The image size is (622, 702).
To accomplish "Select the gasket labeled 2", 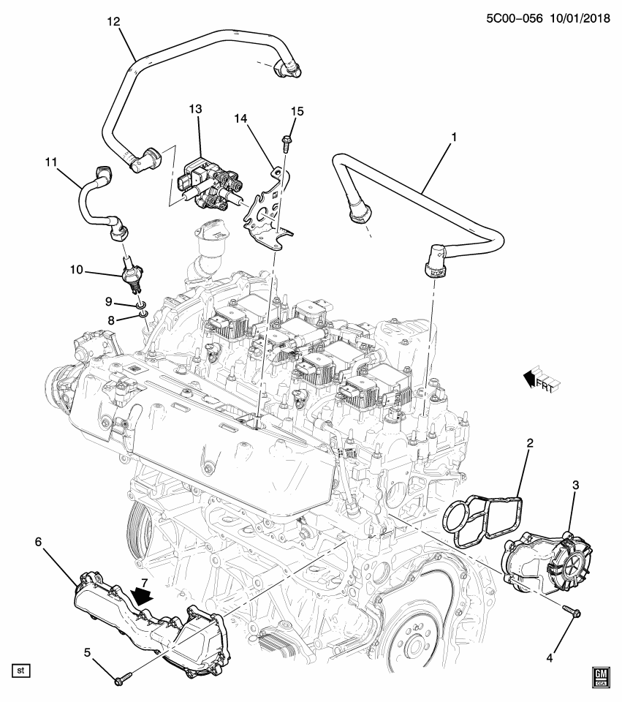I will (484, 521).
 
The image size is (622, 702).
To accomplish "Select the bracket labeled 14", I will (267, 212).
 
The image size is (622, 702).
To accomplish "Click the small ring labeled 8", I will (144, 316).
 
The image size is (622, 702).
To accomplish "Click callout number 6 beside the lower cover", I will (39, 541).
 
